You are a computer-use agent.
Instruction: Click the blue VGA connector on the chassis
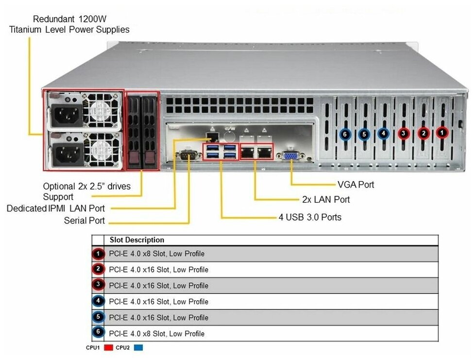click(290, 156)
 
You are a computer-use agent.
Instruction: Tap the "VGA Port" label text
click(356, 185)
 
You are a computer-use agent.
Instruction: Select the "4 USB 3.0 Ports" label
click(310, 217)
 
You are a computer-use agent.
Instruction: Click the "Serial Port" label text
click(85, 221)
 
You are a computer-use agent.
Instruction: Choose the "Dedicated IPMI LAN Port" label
click(55, 208)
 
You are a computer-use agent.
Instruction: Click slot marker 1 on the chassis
click(442, 132)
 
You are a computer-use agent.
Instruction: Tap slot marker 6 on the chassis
click(345, 134)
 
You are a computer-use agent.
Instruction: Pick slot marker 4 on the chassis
click(383, 133)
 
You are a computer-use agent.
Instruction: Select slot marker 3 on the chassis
click(403, 133)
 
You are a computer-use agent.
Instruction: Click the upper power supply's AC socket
click(64, 115)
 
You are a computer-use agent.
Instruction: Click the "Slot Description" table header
click(137, 240)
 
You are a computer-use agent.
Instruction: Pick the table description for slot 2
click(158, 270)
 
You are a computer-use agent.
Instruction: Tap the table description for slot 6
click(156, 334)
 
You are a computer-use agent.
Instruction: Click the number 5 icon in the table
click(98, 318)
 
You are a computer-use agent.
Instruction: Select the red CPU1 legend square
click(108, 348)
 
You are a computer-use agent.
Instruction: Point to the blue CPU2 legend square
click(139, 348)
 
